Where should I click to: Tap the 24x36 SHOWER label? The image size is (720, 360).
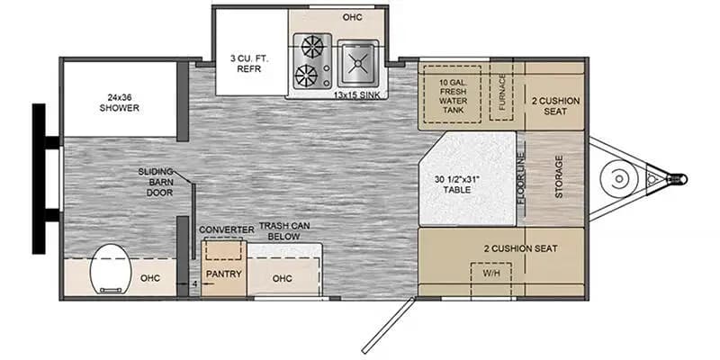coord(120,102)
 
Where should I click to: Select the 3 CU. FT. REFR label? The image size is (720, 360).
coord(247,63)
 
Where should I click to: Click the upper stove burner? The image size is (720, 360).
coord(312,47)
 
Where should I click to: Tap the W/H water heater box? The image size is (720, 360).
coord(491,273)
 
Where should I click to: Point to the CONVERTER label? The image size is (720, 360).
coord(226,230)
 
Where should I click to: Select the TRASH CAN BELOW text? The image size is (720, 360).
coord(292,230)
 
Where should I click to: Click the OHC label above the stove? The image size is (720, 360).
coord(352,17)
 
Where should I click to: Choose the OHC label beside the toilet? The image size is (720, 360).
coord(150,277)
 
